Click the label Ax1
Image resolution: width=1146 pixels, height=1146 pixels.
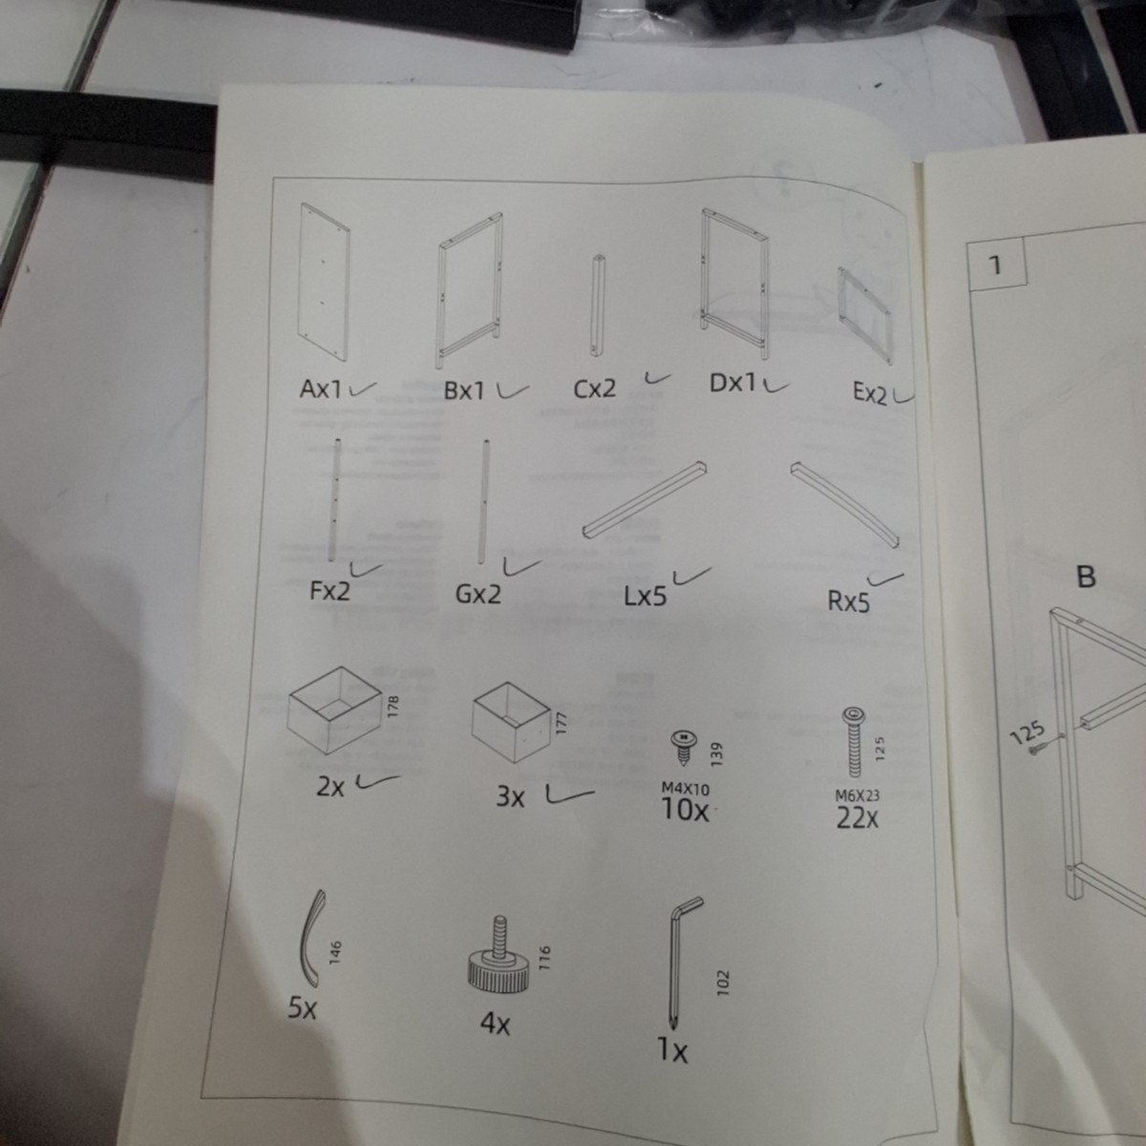[x=321, y=389]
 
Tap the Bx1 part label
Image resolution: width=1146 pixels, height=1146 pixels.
[x=464, y=392]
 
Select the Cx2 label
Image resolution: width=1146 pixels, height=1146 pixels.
[x=595, y=389]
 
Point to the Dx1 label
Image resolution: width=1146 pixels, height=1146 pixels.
[x=732, y=384]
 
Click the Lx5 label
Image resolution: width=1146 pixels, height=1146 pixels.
[x=646, y=596]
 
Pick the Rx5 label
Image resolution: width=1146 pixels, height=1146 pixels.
[x=849, y=602]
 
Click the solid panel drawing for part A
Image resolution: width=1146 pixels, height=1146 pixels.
[x=325, y=282]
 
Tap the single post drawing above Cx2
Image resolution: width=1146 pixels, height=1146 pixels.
[x=598, y=307]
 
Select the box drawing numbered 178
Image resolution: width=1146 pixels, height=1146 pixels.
[x=334, y=710]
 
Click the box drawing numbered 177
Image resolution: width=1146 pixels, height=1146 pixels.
[x=511, y=721]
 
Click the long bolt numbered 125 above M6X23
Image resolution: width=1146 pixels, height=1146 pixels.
[x=854, y=742]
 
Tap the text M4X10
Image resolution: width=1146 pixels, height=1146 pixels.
[x=685, y=789]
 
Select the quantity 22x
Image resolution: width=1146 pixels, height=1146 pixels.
[x=857, y=818]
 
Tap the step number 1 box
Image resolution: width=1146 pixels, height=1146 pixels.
[x=997, y=265]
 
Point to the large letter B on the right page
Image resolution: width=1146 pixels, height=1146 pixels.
[x=1086, y=576]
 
